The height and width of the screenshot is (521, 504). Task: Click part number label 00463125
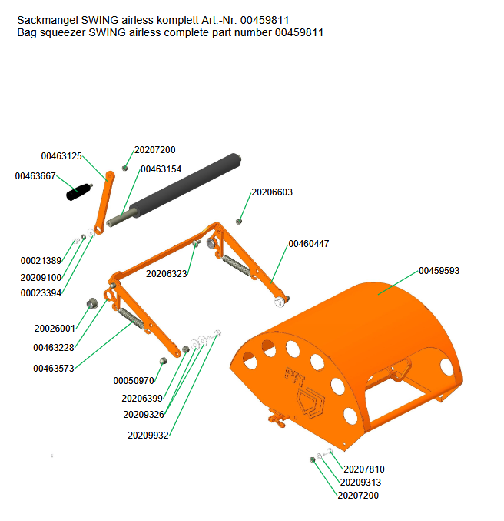(61, 155)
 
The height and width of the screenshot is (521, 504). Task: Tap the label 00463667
(35, 176)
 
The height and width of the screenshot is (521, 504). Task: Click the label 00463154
(161, 169)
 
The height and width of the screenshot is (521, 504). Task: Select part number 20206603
(272, 192)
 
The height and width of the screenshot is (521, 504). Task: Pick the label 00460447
(309, 243)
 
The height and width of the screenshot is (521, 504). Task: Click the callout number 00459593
(439, 271)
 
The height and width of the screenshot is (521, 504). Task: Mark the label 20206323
(167, 273)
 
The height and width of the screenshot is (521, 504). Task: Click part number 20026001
(55, 329)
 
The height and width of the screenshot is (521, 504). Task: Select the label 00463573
(54, 369)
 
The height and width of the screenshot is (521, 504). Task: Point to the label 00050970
(134, 381)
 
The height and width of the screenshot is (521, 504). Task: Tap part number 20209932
(148, 435)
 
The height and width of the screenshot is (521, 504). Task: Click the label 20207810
(363, 469)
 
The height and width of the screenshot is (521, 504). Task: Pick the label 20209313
(360, 483)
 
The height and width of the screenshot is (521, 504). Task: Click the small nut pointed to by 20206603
(239, 222)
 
